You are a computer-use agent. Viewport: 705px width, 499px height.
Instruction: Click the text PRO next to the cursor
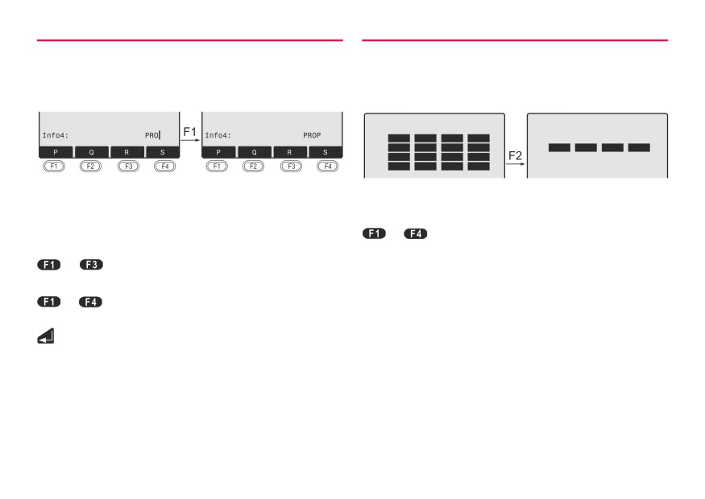151,135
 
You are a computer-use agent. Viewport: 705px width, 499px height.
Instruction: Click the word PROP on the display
312,135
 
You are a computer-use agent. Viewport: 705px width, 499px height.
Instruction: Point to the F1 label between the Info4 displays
189,132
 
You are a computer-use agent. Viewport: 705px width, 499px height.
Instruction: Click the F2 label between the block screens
516,156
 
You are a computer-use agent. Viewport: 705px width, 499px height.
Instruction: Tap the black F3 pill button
91,265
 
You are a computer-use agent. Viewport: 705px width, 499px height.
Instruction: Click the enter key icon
46,336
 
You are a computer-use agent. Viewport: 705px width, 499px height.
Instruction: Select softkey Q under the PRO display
92,152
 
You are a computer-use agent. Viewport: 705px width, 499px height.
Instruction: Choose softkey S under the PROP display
326,152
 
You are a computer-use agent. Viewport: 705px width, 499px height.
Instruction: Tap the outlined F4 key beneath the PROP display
328,166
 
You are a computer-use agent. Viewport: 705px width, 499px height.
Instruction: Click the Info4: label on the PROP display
218,135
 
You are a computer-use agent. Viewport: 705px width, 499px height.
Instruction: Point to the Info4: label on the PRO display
56,135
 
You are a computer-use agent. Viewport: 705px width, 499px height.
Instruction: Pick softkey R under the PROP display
289,152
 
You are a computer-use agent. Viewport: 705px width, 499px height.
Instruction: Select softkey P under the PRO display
56,152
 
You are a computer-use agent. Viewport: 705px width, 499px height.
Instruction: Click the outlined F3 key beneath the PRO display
129,166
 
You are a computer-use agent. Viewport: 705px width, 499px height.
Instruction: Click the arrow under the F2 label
516,164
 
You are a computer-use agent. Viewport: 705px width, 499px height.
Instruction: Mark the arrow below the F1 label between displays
190,140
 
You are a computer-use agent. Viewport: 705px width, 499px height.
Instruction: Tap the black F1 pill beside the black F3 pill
49,265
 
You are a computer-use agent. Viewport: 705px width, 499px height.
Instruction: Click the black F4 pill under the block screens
416,233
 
